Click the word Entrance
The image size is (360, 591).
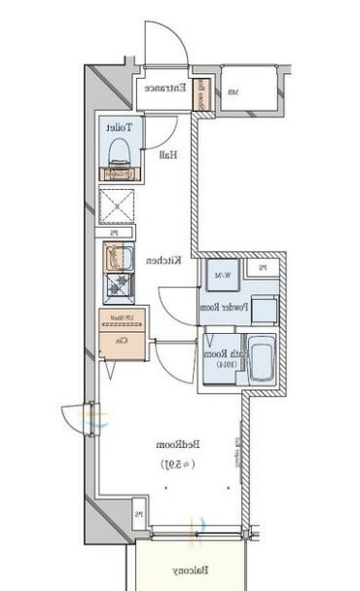pyautogui.click(x=165, y=88)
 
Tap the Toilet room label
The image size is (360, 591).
pyautogui.click(x=120, y=128)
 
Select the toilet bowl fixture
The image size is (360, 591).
pyautogui.click(x=120, y=151)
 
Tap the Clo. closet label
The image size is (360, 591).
pyautogui.click(x=123, y=342)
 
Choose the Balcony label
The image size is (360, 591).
pyautogui.click(x=189, y=571)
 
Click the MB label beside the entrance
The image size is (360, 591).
pyautogui.click(x=234, y=93)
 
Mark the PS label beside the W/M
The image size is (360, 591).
pyautogui.click(x=263, y=268)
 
